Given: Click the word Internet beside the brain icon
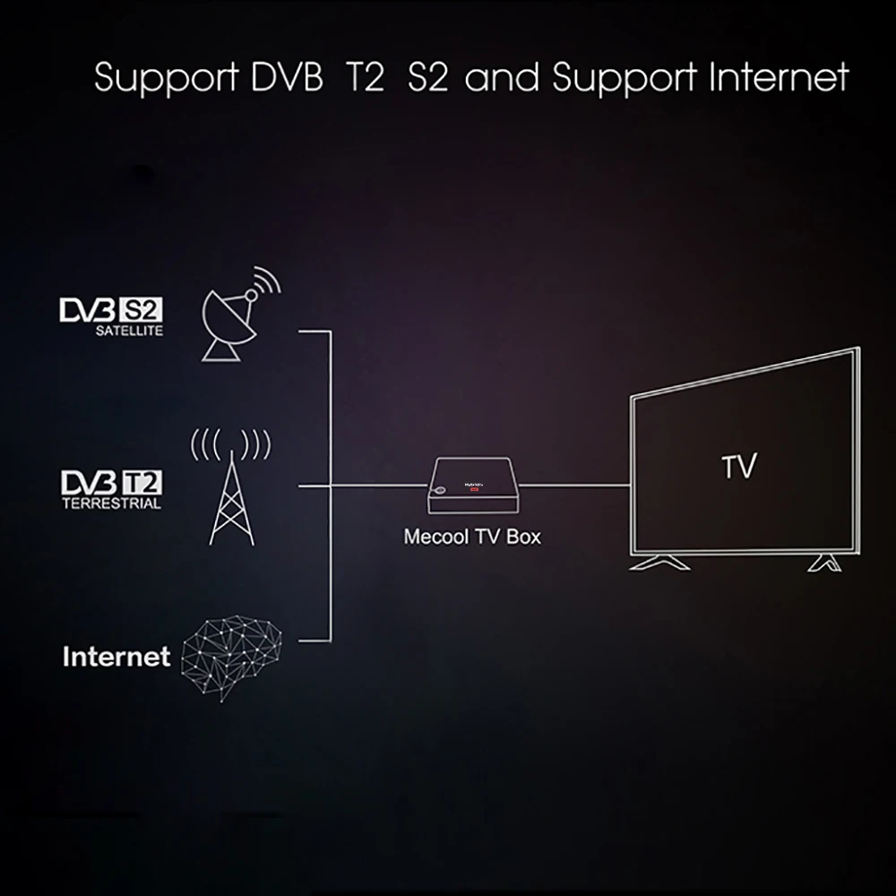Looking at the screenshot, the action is pos(116,657).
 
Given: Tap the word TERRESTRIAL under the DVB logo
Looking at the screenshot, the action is pos(111,503).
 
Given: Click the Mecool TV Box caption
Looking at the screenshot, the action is pos(472,538).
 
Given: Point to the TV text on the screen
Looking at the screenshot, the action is pos(738,466).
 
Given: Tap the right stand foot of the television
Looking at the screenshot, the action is pos(822,563).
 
